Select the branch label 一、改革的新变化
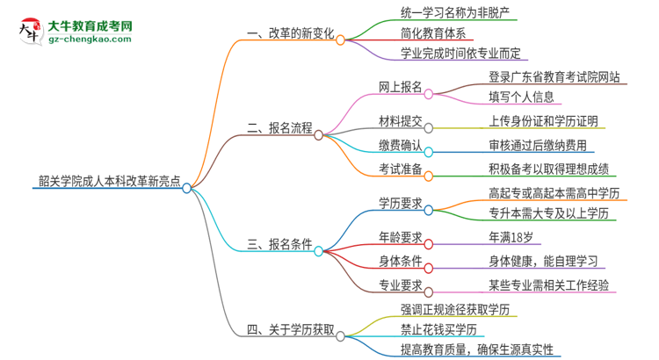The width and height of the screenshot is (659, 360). click(290, 34)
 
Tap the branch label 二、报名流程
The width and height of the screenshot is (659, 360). click(279, 128)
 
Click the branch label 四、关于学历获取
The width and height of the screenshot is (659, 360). click(290, 329)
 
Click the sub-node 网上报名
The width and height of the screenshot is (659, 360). click(399, 88)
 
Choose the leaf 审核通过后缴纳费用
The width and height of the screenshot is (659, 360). click(538, 145)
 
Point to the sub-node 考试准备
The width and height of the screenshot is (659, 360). click(399, 169)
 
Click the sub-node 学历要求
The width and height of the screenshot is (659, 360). click(399, 203)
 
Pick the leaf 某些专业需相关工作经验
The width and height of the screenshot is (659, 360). click(549, 284)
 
